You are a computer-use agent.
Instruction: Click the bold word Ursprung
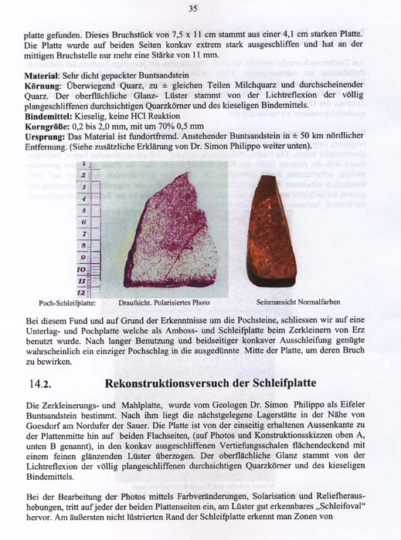tap(46, 136)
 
